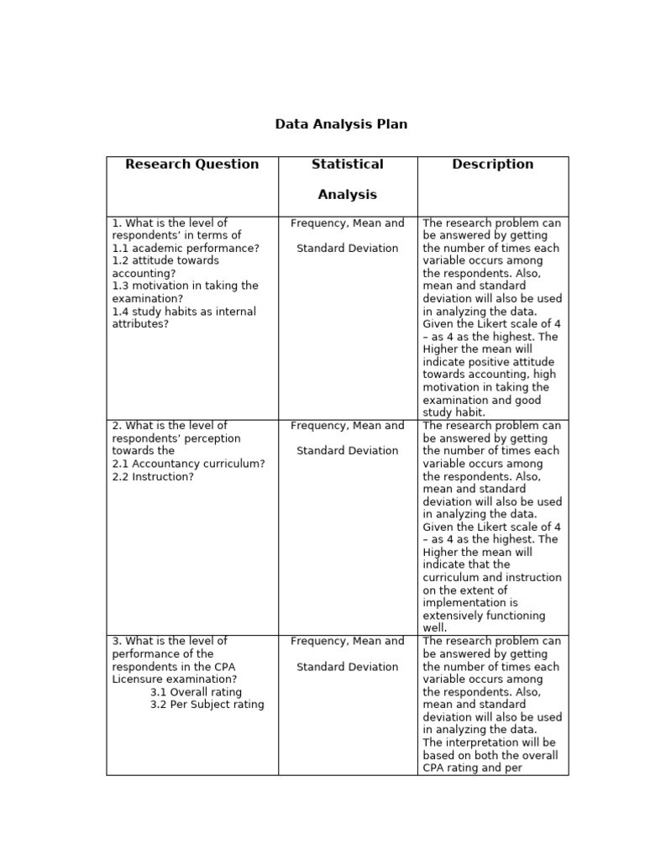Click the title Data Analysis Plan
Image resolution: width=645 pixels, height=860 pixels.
pos(341,124)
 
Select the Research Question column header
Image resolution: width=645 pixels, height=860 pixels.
pos(191,165)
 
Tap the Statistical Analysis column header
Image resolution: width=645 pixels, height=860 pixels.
pos(347,179)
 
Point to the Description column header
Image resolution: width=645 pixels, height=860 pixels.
pos(492,165)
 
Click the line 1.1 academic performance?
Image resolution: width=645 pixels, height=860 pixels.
pos(186,249)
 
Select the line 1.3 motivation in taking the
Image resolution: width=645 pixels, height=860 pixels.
pos(185,286)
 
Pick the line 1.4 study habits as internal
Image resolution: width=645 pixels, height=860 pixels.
pos(184,312)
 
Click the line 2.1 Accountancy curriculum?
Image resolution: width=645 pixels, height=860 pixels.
pos(188,464)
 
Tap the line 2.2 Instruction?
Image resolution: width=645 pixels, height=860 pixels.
pos(153,477)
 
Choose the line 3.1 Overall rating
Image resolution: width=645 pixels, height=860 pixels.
pos(196,692)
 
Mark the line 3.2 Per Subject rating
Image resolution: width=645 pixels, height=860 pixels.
pos(207,705)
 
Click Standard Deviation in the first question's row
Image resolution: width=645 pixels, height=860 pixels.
pos(347,249)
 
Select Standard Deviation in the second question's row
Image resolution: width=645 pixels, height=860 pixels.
pos(347,451)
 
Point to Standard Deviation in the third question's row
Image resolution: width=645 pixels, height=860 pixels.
pos(347,667)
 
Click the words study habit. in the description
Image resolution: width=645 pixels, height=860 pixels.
pos(454,413)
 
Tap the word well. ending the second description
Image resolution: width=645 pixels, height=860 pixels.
pos(435,628)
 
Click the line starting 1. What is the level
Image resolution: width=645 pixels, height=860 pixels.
pos(170,223)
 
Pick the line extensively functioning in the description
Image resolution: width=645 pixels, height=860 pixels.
pos(484,616)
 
